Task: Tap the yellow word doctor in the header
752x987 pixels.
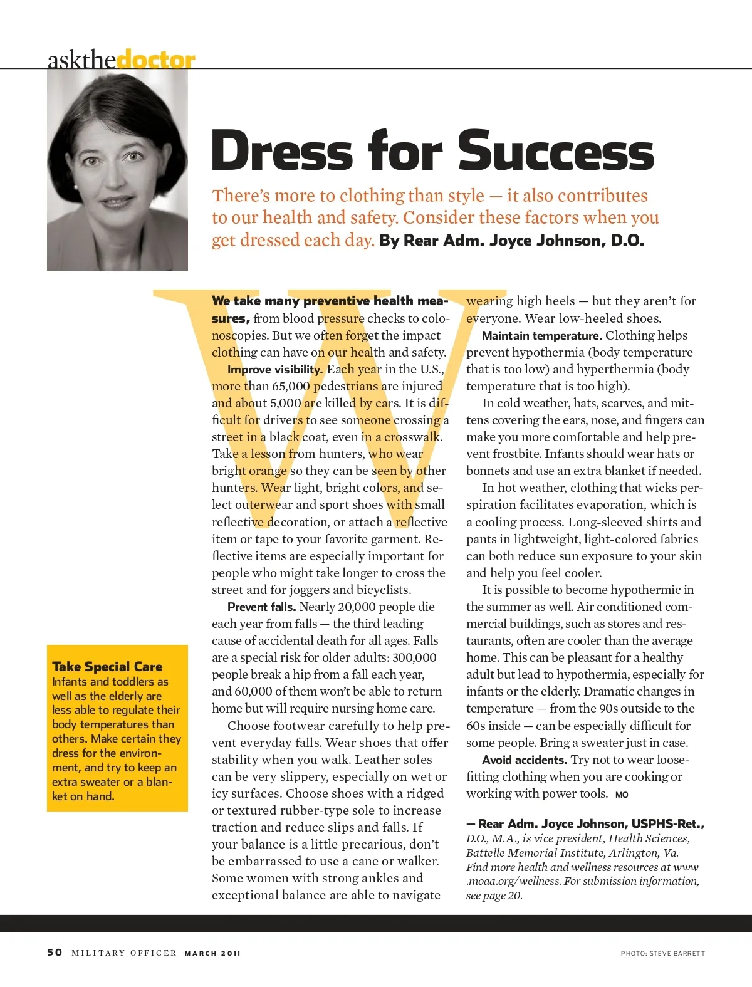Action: (x=156, y=60)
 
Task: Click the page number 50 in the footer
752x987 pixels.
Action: (x=55, y=952)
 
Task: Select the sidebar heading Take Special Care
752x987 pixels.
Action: (x=107, y=666)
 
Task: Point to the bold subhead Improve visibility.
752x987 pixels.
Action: (x=275, y=370)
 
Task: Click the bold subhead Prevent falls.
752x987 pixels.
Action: (x=261, y=607)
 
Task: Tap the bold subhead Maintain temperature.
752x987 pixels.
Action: (x=541, y=336)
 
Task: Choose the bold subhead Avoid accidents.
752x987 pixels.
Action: (x=524, y=760)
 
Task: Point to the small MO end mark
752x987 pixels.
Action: (x=622, y=795)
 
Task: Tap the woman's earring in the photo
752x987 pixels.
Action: (x=75, y=187)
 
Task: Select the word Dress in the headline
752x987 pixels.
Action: (x=282, y=150)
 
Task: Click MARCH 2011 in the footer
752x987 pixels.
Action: (x=212, y=953)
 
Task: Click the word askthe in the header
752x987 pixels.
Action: (x=81, y=60)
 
